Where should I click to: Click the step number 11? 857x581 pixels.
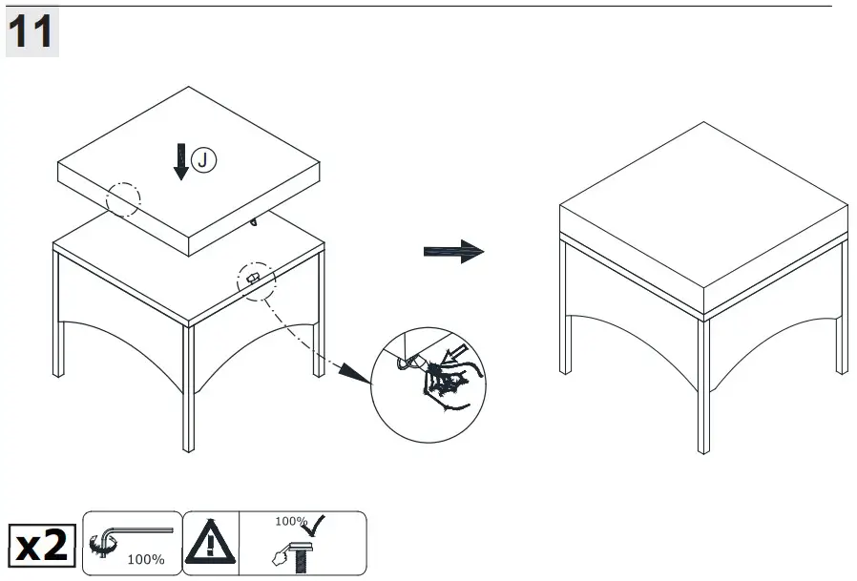tap(31, 33)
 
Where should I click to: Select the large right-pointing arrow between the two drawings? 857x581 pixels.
tap(453, 252)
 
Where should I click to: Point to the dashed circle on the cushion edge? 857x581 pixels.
tap(122, 198)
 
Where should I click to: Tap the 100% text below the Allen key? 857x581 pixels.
tap(145, 560)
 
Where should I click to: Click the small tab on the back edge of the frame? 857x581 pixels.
tap(254, 222)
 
